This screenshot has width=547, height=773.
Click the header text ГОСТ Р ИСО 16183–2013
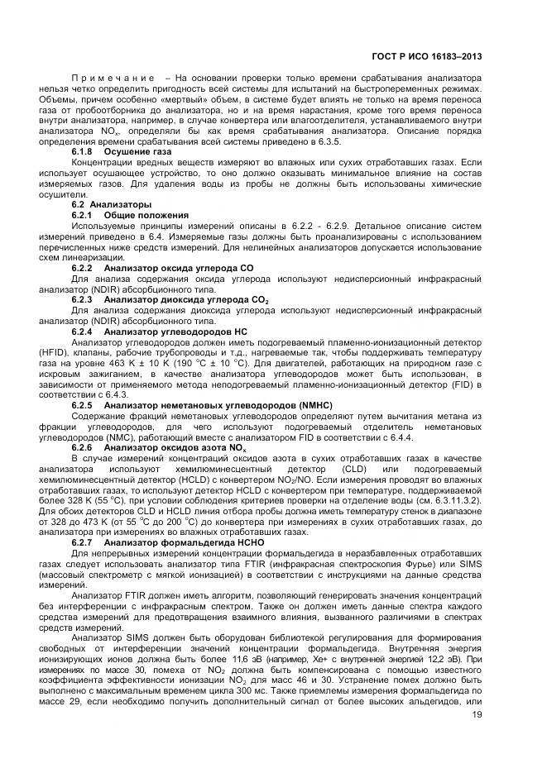point(426,57)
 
